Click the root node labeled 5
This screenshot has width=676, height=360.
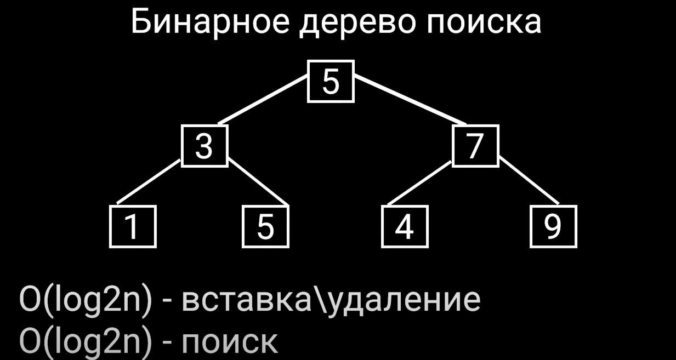point(331,82)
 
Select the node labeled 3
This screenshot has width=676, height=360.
point(204,146)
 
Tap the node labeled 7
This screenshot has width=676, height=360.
point(475,146)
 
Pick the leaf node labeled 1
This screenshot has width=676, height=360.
point(133,226)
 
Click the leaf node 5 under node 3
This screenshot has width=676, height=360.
point(265,226)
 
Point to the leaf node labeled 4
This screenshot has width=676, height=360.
point(405,226)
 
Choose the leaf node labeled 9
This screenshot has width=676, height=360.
point(553,226)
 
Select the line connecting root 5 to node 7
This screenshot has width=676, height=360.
point(410,99)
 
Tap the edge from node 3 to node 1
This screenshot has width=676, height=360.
point(149,181)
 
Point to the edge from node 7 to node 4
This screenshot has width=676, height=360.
point(419,182)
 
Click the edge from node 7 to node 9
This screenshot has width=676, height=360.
point(529,181)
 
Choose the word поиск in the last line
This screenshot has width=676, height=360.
point(229,342)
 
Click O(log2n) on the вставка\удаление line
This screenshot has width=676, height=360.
point(86,300)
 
